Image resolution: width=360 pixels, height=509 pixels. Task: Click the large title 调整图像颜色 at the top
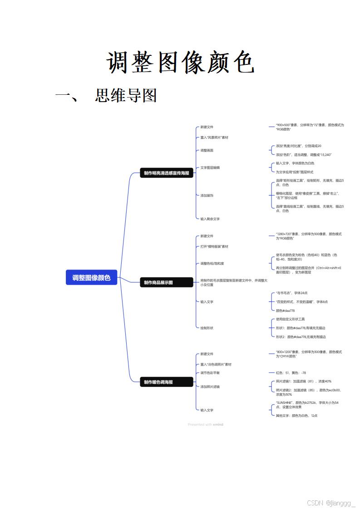click(180, 63)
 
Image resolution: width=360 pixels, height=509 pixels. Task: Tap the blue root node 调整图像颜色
click(91, 278)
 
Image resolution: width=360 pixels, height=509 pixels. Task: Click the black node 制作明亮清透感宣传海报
click(166, 173)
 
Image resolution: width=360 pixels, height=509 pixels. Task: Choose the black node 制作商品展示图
click(158, 283)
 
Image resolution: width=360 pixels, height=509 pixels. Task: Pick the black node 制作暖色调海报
click(158, 382)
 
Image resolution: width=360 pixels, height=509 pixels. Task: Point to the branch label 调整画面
click(207, 150)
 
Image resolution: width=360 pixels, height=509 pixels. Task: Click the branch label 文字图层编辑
click(210, 167)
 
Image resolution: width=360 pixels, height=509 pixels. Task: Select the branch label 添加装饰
click(207, 195)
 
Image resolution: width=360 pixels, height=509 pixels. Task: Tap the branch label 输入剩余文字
click(210, 219)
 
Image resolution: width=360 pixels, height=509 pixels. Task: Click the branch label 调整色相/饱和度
click(212, 263)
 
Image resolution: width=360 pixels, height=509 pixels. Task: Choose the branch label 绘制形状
click(207, 328)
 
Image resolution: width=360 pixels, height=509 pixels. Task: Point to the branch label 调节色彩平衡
click(210, 372)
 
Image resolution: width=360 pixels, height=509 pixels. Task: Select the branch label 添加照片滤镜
click(210, 387)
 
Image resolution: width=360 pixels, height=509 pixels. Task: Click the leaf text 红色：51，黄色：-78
click(291, 372)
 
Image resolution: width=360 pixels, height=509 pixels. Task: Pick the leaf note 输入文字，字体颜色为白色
click(295, 163)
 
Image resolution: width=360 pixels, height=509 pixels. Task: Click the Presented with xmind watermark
click(205, 425)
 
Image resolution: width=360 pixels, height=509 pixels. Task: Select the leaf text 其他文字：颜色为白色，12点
click(296, 415)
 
